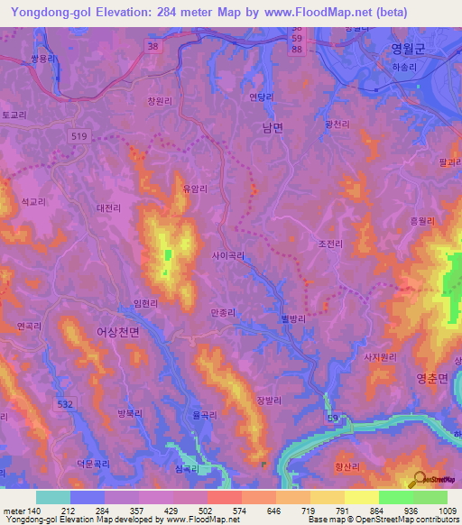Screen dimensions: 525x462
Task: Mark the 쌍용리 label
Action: [x=43, y=56]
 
